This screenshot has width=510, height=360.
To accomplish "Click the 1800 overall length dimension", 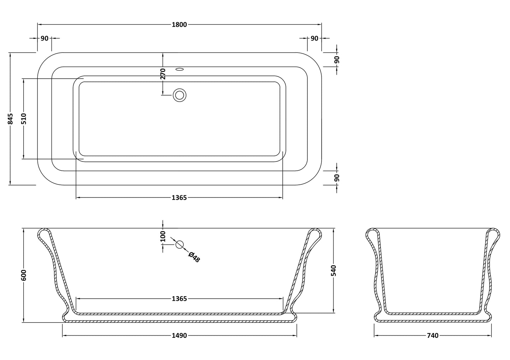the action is tap(179, 25).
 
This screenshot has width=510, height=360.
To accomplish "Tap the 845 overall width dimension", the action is tap(11, 119).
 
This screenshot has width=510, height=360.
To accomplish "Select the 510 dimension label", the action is tap(24, 118).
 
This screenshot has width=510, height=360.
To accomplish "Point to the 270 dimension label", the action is tap(163, 74).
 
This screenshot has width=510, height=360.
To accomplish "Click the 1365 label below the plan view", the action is tap(179, 198).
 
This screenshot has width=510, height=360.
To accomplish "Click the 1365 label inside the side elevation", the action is tap(179, 299).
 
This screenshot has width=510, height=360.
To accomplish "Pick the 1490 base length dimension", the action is tap(179, 335).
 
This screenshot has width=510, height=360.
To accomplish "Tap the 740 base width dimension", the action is tap(433, 335).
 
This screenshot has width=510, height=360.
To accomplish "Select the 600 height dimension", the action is tap(24, 275).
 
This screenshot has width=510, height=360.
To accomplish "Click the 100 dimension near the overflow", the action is tap(163, 236).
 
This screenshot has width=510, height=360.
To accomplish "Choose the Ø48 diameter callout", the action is tap(194, 257).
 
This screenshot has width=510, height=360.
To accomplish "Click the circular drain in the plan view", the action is tap(179, 95).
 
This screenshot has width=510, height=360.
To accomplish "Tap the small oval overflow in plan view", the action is tap(180, 69).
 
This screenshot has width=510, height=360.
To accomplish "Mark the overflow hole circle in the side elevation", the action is tap(179, 244).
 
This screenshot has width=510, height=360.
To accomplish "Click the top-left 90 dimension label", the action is tap(44, 38).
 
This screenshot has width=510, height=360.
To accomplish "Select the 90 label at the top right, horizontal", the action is tap(314, 38).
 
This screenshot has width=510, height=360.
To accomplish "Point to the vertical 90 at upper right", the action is tap(337, 60).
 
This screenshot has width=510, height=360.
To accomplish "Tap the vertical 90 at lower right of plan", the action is tap(337, 178).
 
